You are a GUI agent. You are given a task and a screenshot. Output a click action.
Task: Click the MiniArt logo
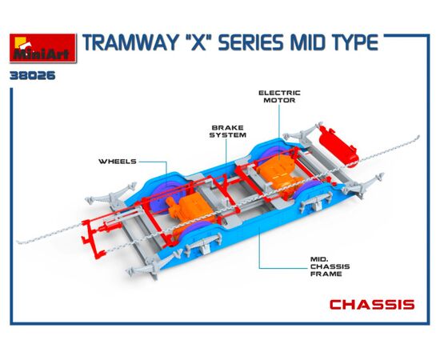[x=43, y=48]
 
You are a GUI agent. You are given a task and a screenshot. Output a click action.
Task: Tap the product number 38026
[x=33, y=76]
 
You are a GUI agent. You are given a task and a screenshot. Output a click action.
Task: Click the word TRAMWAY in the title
[x=130, y=43]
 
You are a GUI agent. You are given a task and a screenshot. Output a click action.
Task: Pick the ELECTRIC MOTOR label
[x=279, y=97]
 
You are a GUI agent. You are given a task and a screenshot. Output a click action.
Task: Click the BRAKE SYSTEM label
[x=228, y=131]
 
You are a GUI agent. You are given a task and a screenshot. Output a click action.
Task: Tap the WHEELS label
[x=118, y=162]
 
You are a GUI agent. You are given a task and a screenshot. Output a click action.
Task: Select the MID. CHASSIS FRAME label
[x=330, y=266]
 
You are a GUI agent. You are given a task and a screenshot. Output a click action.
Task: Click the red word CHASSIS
[x=372, y=305]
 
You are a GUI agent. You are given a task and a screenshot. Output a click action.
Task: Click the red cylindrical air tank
[x=338, y=146]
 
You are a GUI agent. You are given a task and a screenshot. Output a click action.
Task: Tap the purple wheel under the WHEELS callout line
[x=163, y=197]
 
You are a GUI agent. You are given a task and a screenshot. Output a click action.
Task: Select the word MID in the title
[x=306, y=43]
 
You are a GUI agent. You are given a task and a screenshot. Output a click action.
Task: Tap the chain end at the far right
[x=418, y=138]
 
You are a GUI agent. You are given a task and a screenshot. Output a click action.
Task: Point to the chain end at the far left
[x=18, y=242]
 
